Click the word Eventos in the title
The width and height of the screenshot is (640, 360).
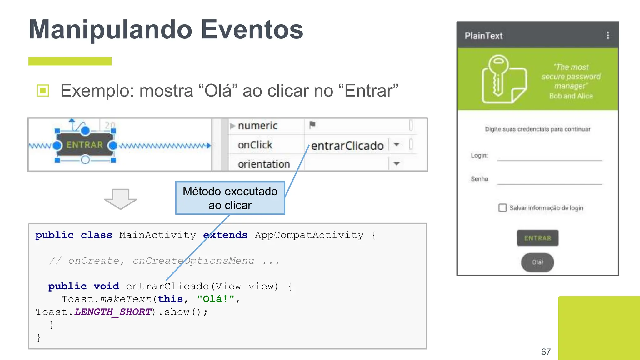[252, 30]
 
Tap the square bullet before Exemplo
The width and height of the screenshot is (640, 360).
[43, 91]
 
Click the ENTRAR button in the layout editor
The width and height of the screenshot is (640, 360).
[85, 145]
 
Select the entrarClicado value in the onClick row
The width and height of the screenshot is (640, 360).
[347, 146]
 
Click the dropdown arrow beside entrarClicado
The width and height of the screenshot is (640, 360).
[397, 144]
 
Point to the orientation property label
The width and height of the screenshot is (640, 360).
[264, 164]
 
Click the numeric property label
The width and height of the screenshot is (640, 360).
[257, 126]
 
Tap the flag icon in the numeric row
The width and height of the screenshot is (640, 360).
[312, 125]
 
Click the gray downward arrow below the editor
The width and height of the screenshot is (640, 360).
[120, 199]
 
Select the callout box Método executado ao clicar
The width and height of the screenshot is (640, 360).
[230, 198]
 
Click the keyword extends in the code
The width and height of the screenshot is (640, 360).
[225, 235]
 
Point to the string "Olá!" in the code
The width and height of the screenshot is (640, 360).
[216, 299]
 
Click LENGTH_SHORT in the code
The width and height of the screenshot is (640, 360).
[113, 312]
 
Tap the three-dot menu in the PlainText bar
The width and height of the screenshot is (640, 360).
[608, 35]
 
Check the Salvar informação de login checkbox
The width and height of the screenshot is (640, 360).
[502, 208]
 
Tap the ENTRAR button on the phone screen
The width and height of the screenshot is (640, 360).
[537, 238]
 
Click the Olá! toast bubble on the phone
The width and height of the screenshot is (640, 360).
[537, 262]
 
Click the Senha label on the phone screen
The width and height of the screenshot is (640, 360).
[479, 179]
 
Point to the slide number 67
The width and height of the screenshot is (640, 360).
[546, 352]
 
